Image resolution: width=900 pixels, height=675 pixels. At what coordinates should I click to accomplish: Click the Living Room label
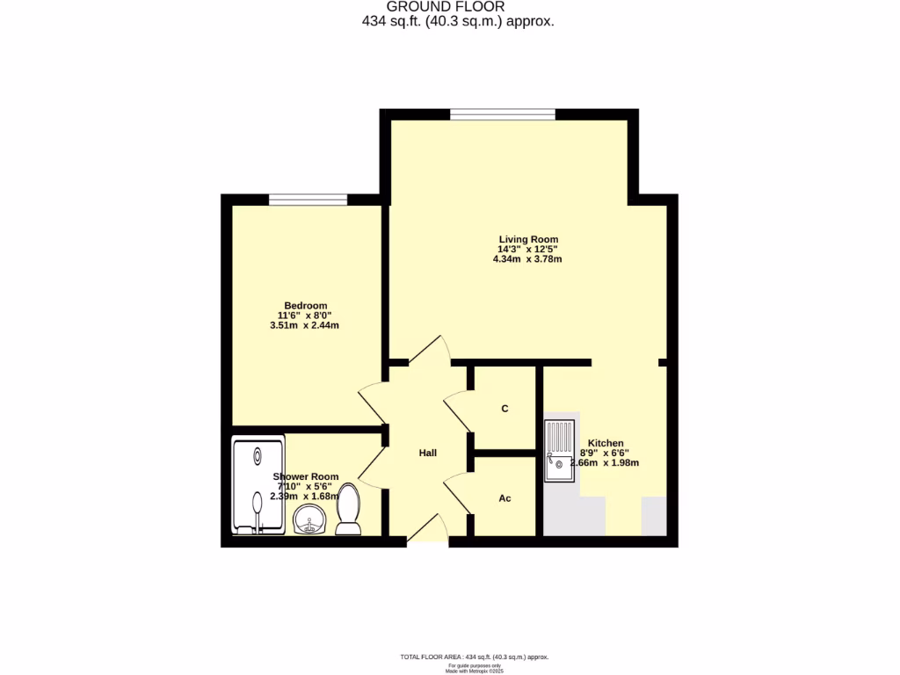click(528, 239)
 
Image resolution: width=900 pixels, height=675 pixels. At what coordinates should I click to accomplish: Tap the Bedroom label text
click(305, 306)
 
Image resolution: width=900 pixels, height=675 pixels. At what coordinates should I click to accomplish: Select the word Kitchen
click(606, 443)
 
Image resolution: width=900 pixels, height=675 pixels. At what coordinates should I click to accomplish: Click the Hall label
click(428, 453)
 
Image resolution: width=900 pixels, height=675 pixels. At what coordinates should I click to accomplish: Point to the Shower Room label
click(307, 477)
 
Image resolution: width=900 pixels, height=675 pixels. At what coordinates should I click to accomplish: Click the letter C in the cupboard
click(504, 409)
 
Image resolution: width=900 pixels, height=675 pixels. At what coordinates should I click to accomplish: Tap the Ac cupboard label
click(504, 498)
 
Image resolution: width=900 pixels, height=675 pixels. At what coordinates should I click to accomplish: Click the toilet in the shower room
click(349, 510)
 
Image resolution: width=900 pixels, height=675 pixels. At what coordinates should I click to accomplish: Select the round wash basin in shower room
click(308, 520)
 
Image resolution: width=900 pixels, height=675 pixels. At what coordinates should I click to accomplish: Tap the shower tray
click(258, 486)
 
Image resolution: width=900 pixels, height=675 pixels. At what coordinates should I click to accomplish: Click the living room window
click(502, 113)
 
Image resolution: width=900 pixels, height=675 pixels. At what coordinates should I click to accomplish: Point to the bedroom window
click(308, 200)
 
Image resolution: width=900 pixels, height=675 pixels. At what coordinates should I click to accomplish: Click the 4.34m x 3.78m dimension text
click(528, 259)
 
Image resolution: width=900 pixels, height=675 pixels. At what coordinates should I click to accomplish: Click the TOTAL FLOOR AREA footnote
click(475, 657)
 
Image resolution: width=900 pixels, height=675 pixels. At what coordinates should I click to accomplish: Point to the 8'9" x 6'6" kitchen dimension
click(605, 454)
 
